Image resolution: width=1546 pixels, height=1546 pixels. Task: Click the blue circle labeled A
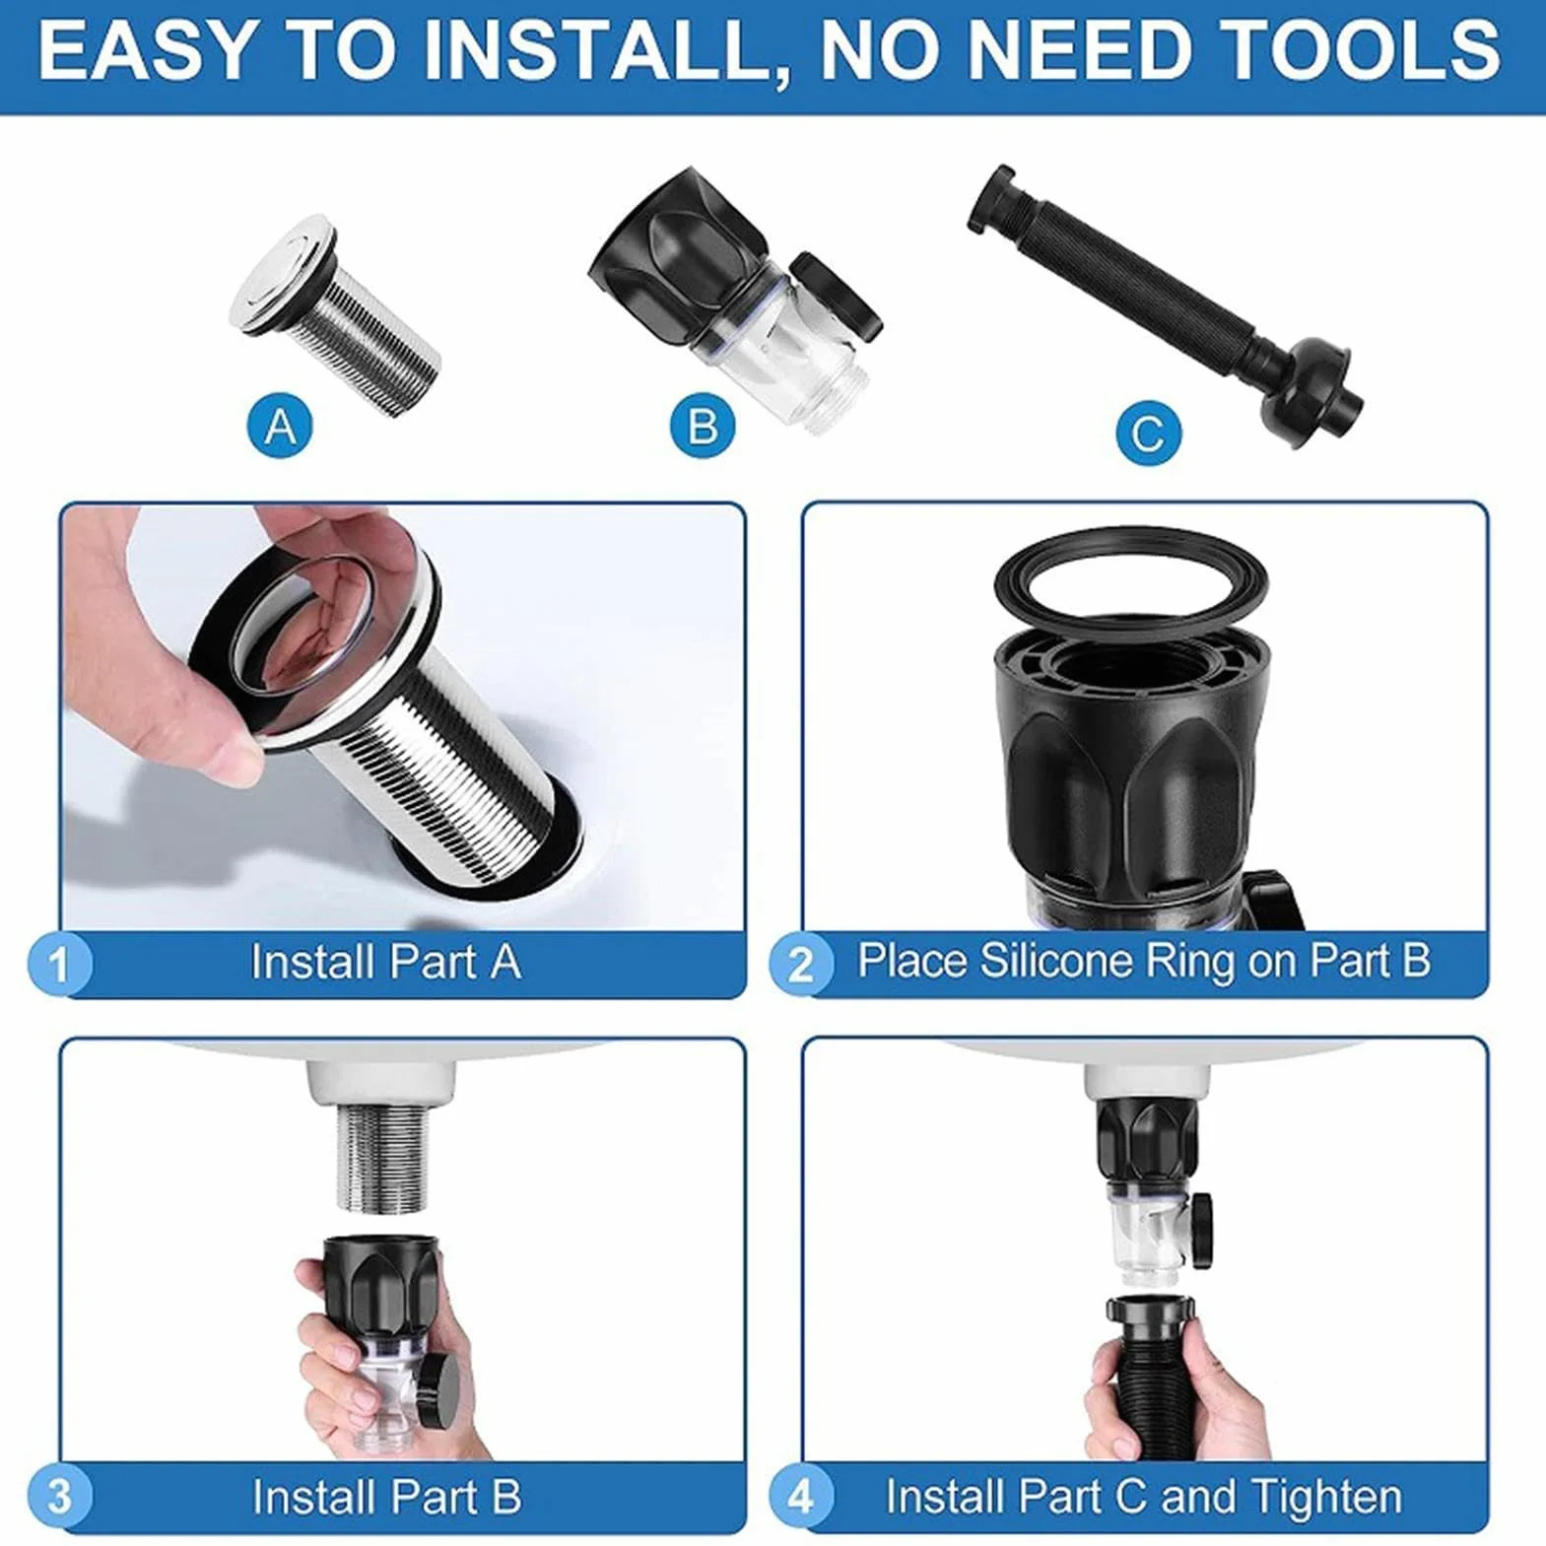coord(281,428)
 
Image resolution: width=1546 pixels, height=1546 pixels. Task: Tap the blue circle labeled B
coord(703,428)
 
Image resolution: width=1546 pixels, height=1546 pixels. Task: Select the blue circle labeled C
coord(1149,433)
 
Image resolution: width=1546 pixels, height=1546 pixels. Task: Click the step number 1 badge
coord(59,963)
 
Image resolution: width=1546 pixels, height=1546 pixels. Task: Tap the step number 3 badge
coord(59,1497)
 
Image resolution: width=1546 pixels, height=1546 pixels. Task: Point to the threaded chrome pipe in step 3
coord(382,1157)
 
